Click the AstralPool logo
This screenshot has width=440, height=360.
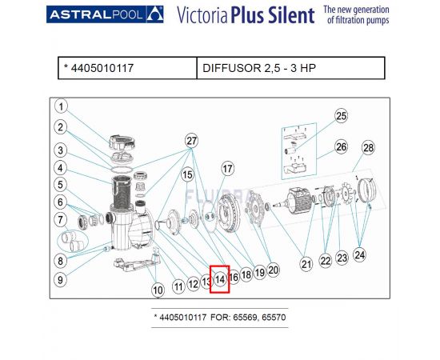pos(105,14)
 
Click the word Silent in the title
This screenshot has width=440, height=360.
pos(291,15)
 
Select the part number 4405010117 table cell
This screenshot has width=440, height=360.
pos(127,68)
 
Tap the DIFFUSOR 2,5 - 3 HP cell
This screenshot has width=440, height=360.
pos(290,68)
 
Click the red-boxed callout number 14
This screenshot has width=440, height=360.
pos(220,279)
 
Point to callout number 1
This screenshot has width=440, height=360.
pos(61,106)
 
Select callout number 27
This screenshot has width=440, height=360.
pos(191,141)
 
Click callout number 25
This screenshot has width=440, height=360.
pos(341,116)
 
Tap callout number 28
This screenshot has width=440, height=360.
pos(368,147)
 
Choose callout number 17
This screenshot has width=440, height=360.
pos(227,169)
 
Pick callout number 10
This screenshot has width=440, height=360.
pos(158,290)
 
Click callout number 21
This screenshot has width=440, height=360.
pos(306,264)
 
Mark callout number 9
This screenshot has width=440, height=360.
pos(60,279)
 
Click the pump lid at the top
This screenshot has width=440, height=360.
pos(122,142)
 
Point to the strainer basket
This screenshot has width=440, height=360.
pos(122,193)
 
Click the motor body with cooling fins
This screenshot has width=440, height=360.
pos(298,199)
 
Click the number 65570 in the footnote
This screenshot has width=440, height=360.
pos(274,318)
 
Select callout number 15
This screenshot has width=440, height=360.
pos(187,174)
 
